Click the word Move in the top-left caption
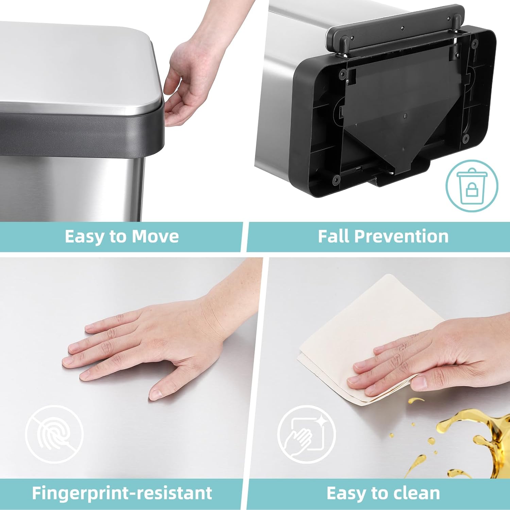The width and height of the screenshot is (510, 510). [x=155, y=236]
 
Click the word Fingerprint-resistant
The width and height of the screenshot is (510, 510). [x=122, y=493]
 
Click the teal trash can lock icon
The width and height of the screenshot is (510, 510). [x=472, y=186]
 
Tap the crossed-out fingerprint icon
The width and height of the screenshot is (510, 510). [x=54, y=434]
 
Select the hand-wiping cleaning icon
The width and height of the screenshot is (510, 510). [x=306, y=434]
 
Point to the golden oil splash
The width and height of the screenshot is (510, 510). [x=476, y=439]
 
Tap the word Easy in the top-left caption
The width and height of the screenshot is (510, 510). [x=84, y=236]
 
